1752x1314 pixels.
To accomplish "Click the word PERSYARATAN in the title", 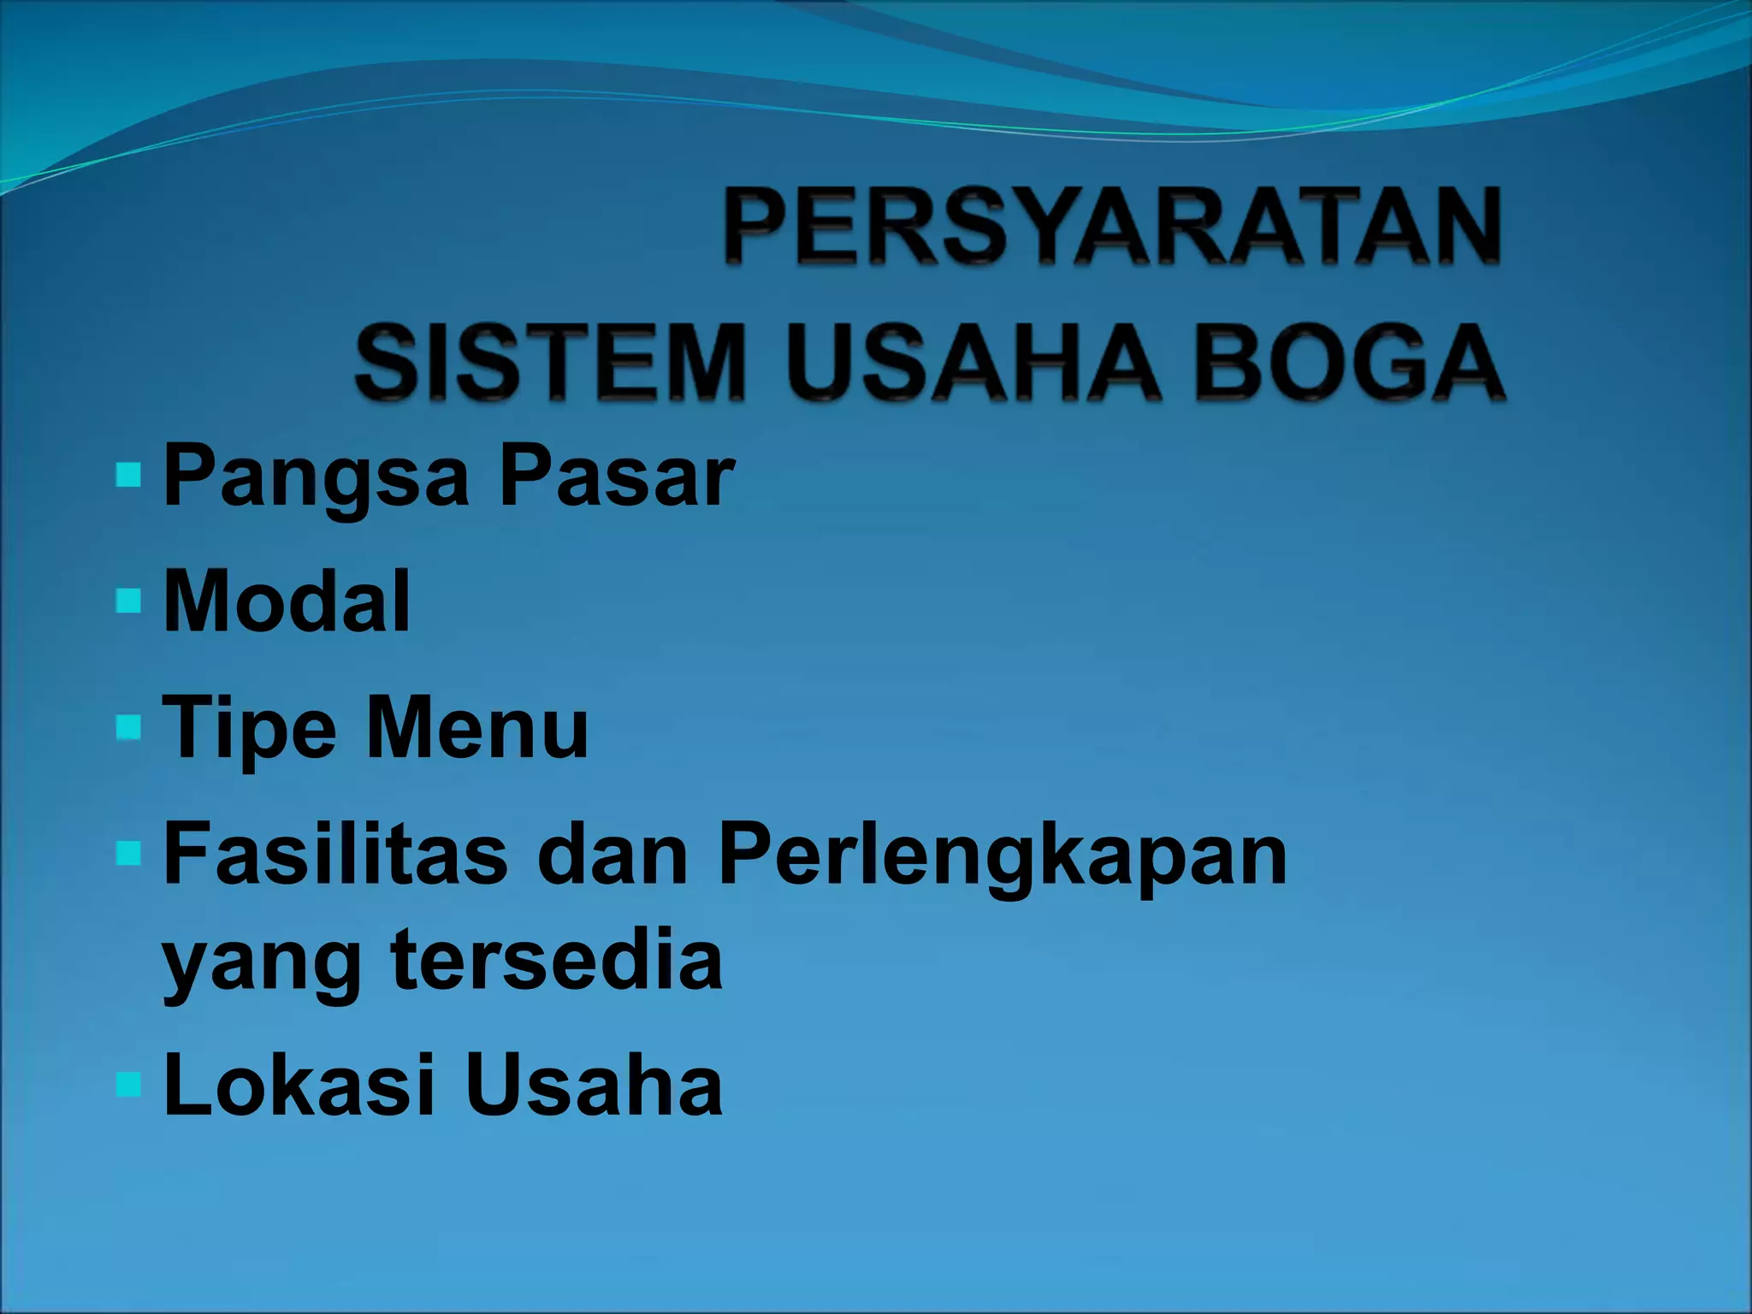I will click(x=1112, y=228).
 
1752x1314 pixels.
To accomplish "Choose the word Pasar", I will click(x=617, y=476).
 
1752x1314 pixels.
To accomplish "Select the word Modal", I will click(x=287, y=601).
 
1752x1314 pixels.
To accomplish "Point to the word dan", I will click(x=613, y=853).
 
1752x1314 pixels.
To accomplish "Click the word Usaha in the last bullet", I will click(x=595, y=1085).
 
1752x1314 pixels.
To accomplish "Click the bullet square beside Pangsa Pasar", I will click(x=127, y=475).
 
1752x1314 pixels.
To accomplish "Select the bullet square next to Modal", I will click(x=127, y=601).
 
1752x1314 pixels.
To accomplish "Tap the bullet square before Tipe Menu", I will click(x=127, y=727).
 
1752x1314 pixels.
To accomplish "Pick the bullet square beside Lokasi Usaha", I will click(x=127, y=1084).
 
